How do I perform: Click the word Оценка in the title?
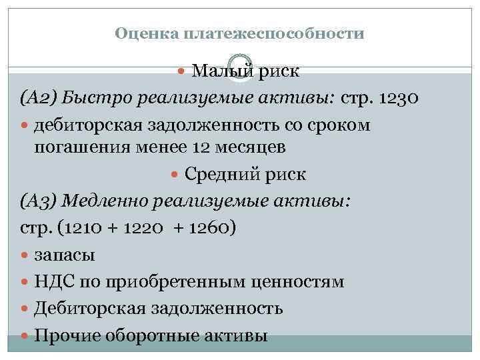pyautogui.click(x=139, y=33)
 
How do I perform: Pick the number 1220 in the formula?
pyautogui.click(x=148, y=228)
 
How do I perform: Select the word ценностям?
pyautogui.click(x=295, y=281)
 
